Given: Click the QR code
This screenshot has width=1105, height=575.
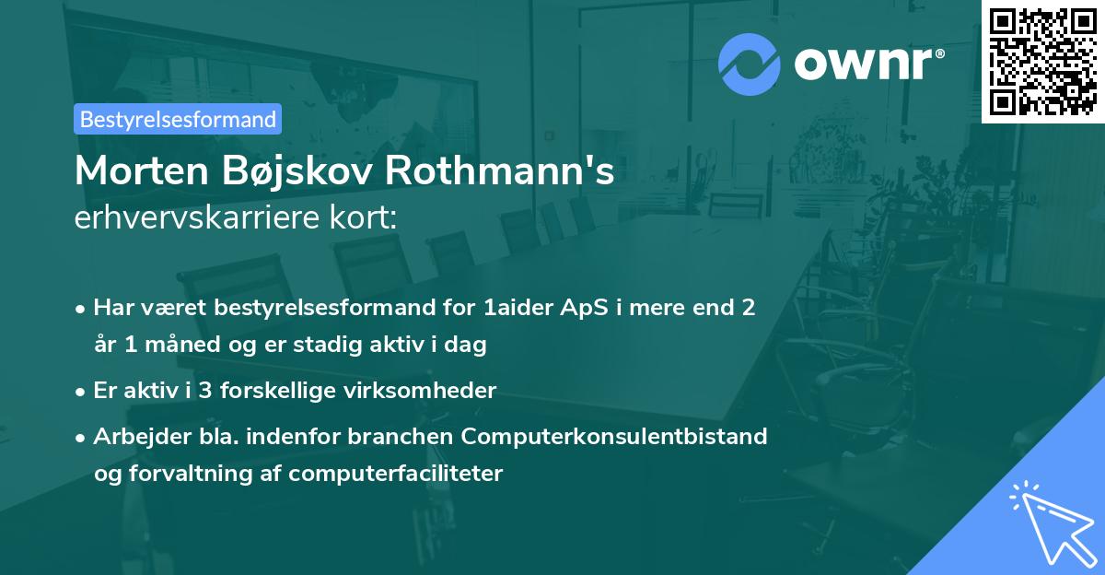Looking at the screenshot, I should [1042, 62].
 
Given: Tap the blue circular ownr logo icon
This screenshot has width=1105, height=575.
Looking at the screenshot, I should [750, 63].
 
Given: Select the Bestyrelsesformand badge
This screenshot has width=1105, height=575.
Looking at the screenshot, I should [178, 119].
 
